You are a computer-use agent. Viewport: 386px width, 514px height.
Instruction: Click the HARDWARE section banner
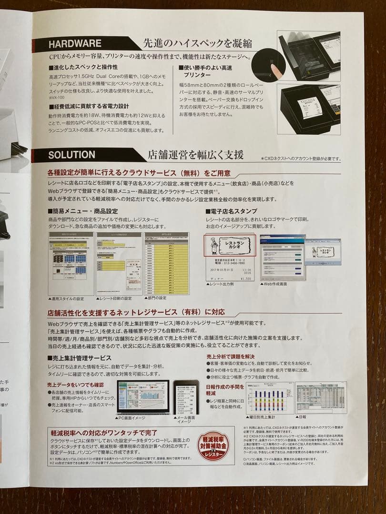pos(76,44)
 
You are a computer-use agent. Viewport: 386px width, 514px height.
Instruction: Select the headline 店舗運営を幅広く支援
pos(196,155)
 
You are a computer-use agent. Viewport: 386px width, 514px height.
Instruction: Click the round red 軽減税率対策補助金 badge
pos(213,446)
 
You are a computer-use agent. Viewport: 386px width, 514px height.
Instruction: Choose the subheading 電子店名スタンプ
pos(232,211)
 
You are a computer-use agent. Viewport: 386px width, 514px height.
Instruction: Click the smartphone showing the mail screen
pos(186,397)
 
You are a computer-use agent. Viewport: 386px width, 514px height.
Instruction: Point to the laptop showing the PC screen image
pos(142,397)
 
